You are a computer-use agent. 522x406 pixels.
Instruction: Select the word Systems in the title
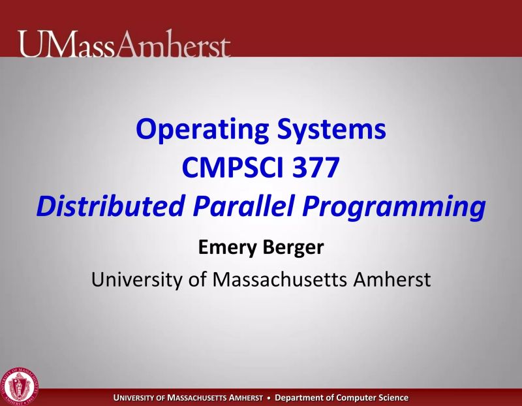333,130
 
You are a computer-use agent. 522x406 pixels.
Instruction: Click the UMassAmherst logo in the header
125,44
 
